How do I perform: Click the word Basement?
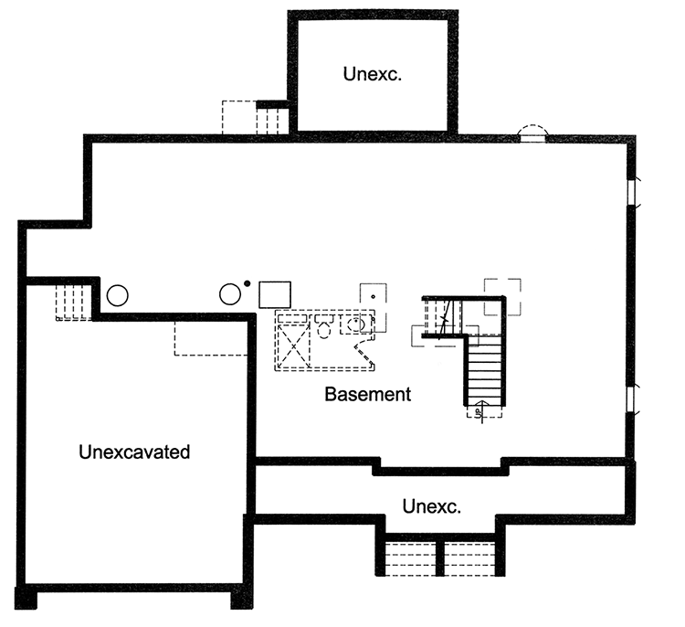pos(367,395)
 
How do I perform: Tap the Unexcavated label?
pos(134,452)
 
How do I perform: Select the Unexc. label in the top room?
pos(373,74)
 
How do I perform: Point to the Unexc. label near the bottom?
pos(431,505)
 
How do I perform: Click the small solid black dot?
pos(247,282)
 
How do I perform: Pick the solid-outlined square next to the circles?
pos(274,294)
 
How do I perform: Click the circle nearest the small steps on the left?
pos(118,295)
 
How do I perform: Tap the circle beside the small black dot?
pos(231,295)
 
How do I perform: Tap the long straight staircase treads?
pos(483,370)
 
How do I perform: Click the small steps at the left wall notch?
pos(73,301)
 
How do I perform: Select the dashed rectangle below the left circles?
pos(210,337)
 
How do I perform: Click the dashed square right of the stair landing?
pos(502,295)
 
